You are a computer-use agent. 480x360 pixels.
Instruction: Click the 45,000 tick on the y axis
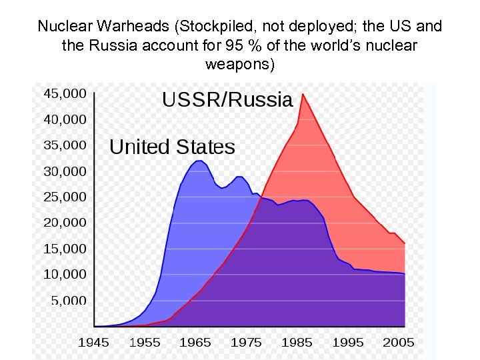click(65, 94)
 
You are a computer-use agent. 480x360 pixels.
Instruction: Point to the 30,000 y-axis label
click(65, 171)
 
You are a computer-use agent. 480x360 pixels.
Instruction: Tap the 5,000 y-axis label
click(69, 301)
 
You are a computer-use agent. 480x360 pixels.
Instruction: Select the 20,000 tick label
click(65, 223)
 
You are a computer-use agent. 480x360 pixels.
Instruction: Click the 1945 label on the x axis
click(94, 343)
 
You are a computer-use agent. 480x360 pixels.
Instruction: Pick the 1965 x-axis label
click(195, 343)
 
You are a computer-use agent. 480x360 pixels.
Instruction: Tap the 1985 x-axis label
click(297, 343)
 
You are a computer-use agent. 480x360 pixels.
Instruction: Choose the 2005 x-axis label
click(398, 343)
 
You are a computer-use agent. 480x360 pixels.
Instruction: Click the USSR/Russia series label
click(227, 100)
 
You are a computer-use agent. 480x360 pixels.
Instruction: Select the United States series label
click(172, 147)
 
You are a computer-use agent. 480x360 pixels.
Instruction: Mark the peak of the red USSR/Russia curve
click(303, 94)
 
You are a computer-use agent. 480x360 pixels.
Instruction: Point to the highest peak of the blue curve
click(199, 161)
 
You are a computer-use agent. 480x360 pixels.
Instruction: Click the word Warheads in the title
click(140, 27)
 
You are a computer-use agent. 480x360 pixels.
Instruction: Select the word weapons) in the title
click(239, 65)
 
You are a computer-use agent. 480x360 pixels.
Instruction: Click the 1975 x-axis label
click(246, 343)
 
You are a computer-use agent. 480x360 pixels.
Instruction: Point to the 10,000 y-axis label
click(65, 275)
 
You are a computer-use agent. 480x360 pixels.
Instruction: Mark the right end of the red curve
click(405, 244)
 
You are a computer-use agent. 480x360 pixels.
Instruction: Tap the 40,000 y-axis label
click(65, 120)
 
